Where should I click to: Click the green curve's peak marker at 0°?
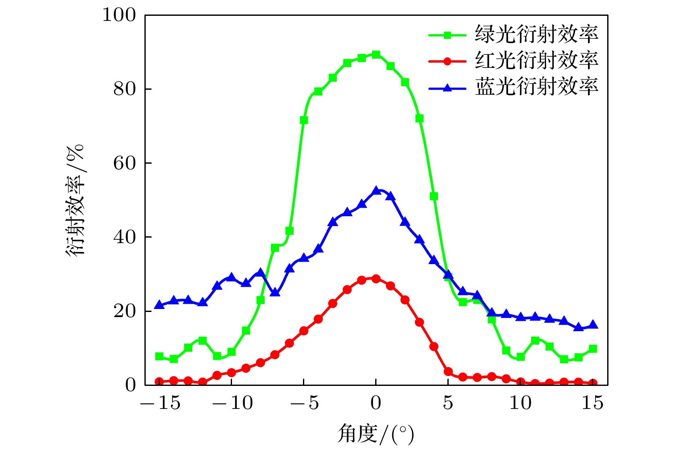coord(376,55)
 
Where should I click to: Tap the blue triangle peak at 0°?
coord(376,191)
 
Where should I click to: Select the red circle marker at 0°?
coord(376,279)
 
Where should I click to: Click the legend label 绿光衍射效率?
coord(536,34)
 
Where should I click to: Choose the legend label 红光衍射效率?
coord(536,61)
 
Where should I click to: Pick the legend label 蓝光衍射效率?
coord(536,87)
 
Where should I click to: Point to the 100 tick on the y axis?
coord(119,15)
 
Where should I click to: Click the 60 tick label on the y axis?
coord(124,163)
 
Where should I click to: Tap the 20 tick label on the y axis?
coord(124,311)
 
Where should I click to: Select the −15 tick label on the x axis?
coord(160,403)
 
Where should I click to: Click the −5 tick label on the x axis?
coord(304,403)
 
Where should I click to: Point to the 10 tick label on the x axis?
coord(520,403)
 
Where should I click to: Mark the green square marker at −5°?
coord(304,120)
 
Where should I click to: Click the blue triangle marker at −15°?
coord(159,305)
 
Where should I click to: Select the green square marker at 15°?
coord(593,349)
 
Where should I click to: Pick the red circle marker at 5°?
coord(448,371)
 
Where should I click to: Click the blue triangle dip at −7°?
coord(275,293)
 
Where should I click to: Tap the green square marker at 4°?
coord(434,196)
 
